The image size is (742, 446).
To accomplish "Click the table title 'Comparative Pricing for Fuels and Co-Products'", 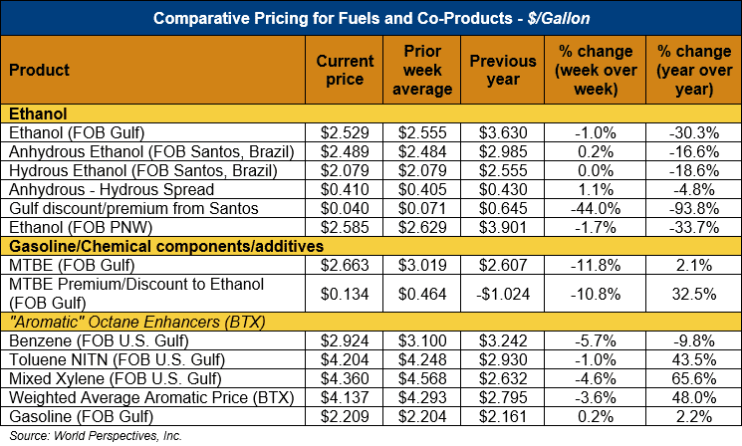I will point(371,18).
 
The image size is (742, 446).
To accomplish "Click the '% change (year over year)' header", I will point(692,71).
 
